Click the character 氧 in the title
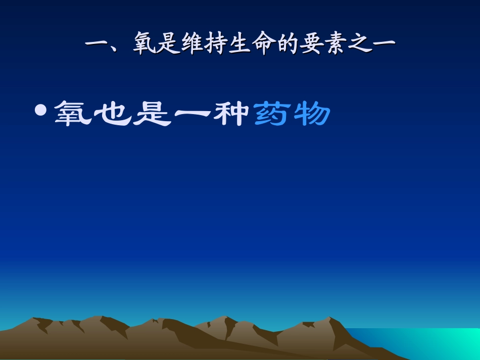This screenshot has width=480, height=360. coord(146,45)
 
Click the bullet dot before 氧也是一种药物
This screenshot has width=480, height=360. coord(42,110)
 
